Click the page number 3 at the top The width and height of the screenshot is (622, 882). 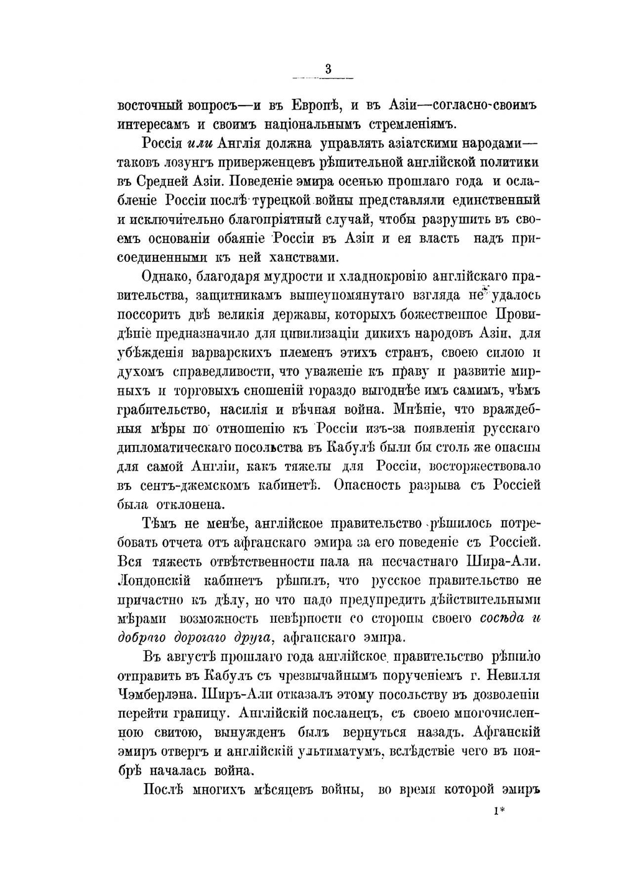[x=328, y=70]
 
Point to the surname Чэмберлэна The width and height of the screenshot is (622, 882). [x=159, y=694]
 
